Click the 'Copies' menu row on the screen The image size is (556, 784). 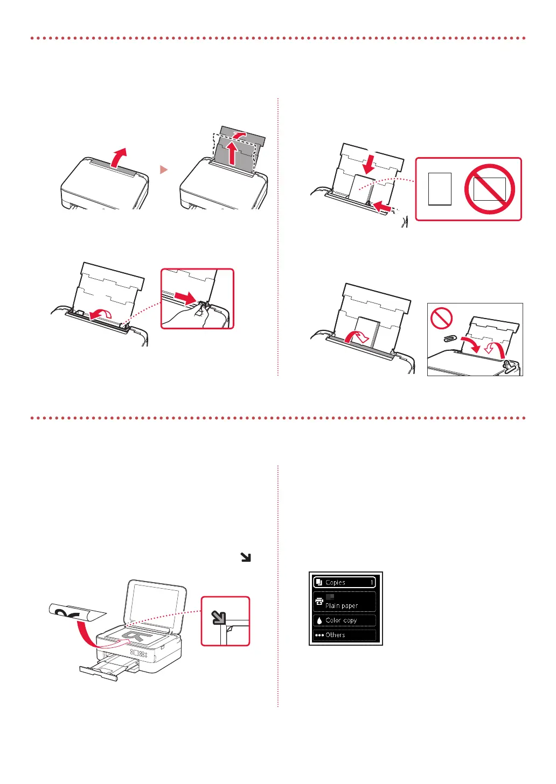(344, 582)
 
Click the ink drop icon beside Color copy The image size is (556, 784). (319, 620)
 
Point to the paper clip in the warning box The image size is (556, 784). (450, 338)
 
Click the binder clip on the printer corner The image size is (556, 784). (510, 366)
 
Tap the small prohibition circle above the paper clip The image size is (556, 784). (441, 318)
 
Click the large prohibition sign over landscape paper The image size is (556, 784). (489, 189)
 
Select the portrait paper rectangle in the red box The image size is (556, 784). (440, 189)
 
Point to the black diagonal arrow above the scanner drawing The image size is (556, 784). (246, 557)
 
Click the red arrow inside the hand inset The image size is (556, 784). (185, 298)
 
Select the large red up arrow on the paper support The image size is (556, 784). (232, 152)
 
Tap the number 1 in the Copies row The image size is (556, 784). (372, 582)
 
